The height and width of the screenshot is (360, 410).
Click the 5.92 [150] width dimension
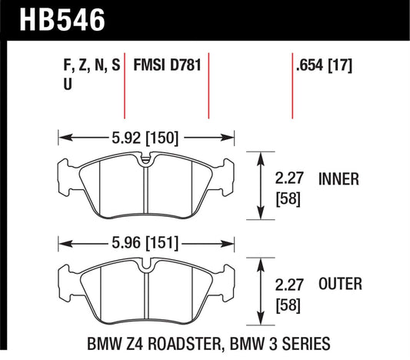(x=146, y=139)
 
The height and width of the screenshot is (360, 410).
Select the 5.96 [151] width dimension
(x=146, y=244)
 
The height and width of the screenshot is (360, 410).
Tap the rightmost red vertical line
(x=292, y=87)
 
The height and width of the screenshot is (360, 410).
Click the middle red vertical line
(x=209, y=87)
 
